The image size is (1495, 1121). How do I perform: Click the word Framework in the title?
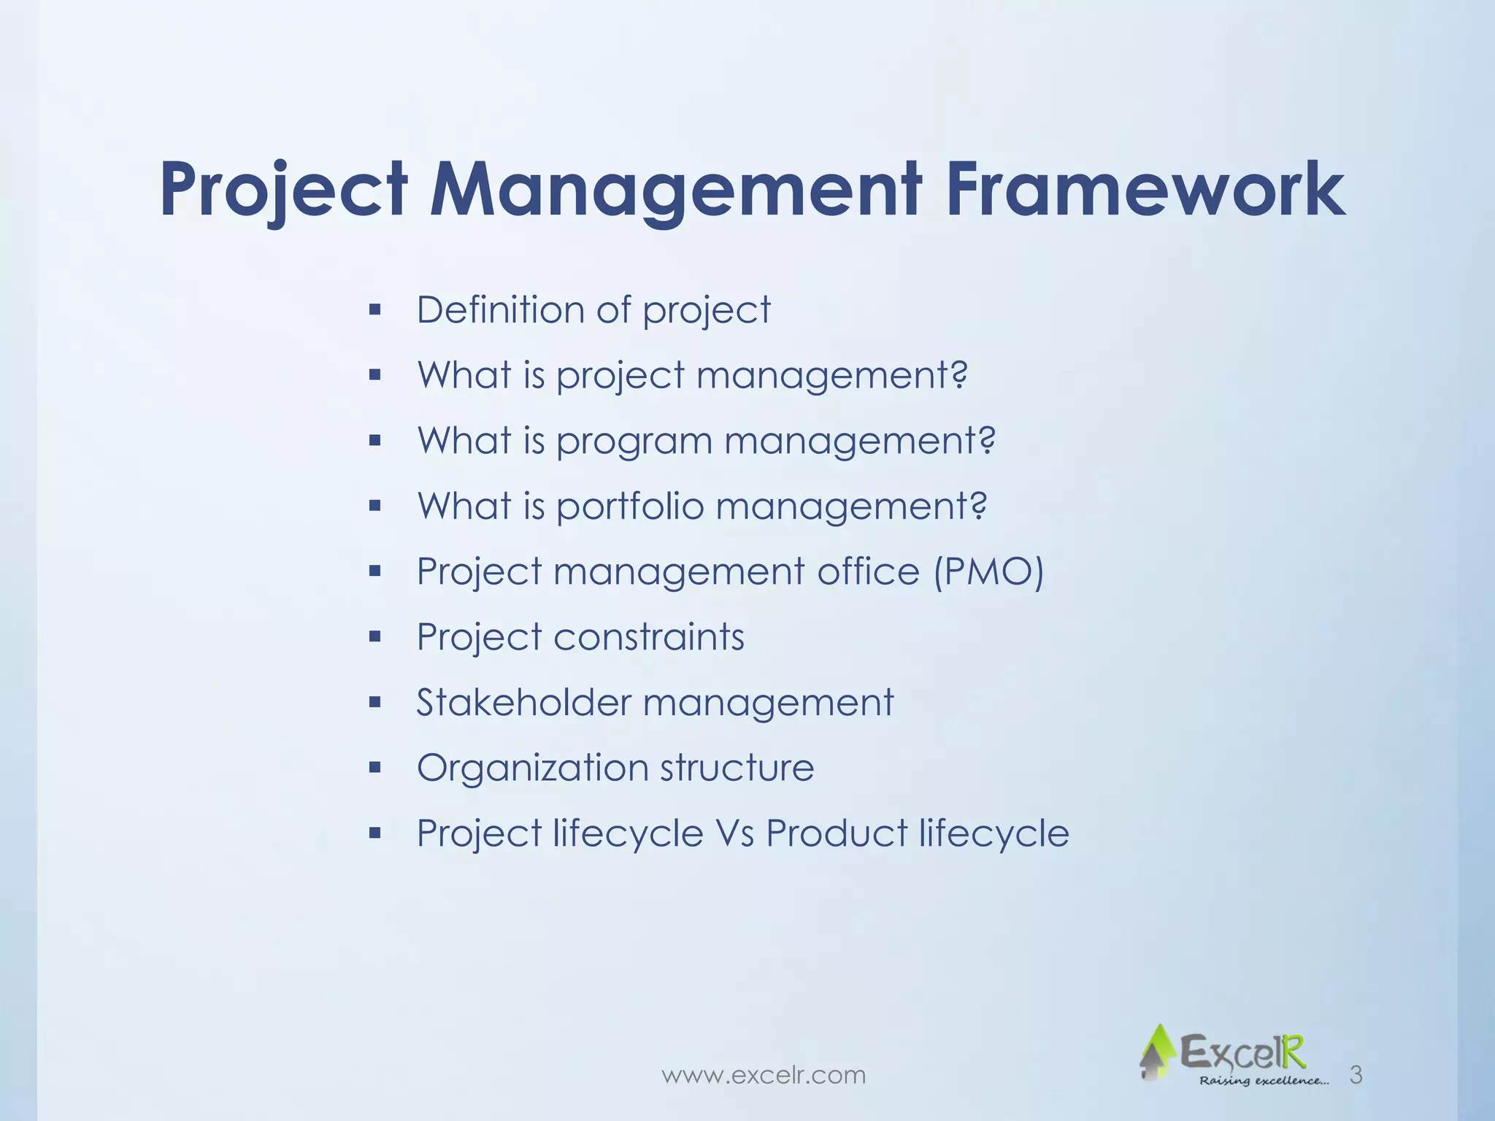tap(1145, 190)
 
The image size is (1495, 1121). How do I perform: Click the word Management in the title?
tap(675, 190)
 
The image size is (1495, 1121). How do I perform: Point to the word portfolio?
tap(629, 506)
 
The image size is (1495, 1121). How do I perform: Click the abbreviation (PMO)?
tap(989, 571)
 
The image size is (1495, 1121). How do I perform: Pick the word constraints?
tap(649, 637)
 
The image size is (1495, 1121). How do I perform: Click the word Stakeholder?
tap(523, 702)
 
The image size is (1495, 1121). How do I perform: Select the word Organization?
tap(532, 768)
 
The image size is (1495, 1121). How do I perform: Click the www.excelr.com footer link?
tap(764, 1074)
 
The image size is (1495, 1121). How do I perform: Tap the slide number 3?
tap(1356, 1074)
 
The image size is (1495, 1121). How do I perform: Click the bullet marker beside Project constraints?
tap(375, 637)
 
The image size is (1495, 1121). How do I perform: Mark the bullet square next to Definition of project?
tap(375, 310)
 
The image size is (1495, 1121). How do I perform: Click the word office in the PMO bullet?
tap(868, 571)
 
